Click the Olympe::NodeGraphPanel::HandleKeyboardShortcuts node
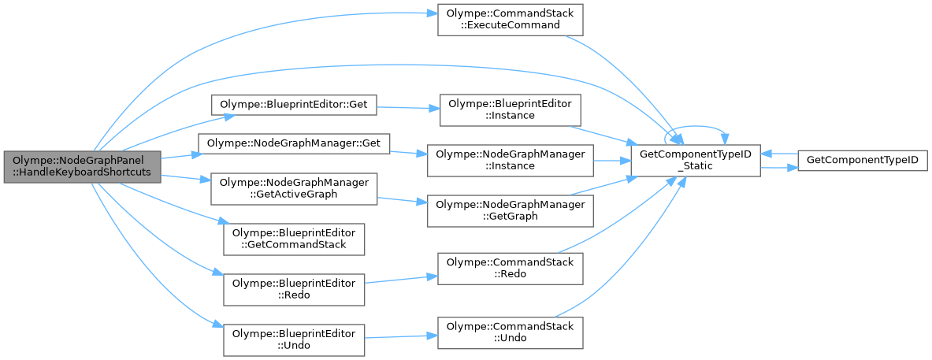pos(81,166)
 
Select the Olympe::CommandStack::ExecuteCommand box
pos(510,19)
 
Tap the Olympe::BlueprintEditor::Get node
pos(293,104)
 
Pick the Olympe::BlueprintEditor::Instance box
pos(510,109)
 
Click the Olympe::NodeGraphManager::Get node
pos(293,143)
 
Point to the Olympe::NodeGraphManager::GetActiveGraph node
pos(293,188)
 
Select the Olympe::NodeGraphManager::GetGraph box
pos(510,210)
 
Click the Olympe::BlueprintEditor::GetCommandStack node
pos(293,239)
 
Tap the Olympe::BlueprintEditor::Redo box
pos(293,289)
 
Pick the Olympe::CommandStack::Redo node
pos(510,267)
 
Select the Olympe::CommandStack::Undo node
pos(510,332)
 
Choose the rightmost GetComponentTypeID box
pos(862,160)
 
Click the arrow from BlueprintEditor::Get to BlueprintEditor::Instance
pos(407,106)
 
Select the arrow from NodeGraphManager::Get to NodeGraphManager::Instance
pos(408,152)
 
